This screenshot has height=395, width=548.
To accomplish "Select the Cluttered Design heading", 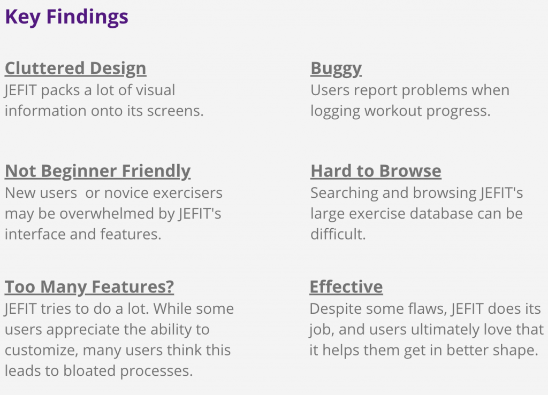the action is [75, 68].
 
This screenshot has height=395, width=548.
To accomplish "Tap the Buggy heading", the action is [336, 68].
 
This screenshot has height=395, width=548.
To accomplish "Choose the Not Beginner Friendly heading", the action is [97, 171].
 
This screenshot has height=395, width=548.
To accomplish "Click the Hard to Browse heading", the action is [376, 171].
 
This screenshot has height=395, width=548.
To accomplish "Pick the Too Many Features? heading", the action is [89, 287].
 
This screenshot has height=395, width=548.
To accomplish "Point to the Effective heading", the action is [346, 287].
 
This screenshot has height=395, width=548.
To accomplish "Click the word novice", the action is [126, 193].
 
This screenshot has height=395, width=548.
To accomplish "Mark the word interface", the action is [35, 234].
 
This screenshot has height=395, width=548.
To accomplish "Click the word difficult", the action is [338, 234].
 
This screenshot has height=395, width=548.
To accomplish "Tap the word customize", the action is [41, 350].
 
